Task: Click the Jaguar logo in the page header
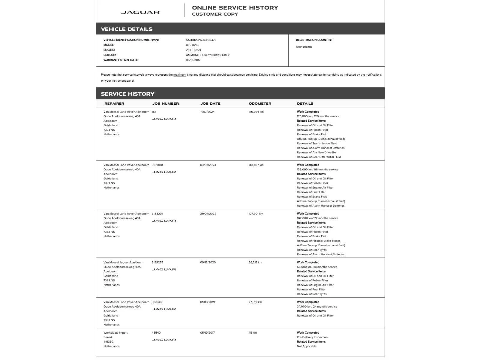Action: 140,12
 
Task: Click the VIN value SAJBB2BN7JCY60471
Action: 201,40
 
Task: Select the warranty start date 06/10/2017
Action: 193,60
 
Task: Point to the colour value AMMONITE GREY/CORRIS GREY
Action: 208,55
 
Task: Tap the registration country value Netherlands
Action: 304,47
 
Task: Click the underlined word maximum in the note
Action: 180,75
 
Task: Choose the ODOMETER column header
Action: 260,103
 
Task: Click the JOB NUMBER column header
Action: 166,103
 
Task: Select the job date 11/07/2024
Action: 207,112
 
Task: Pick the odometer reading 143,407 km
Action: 256,165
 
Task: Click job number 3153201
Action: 157,214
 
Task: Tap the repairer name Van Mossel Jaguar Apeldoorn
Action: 123,262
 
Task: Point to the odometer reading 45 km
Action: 253,333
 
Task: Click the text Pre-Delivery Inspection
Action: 312,337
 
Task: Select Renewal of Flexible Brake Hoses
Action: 319,241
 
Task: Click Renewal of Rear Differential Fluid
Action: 319,157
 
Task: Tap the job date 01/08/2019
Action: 208,302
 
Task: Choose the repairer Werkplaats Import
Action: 115,333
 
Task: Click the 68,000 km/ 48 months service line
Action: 317,267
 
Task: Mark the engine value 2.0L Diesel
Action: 193,50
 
